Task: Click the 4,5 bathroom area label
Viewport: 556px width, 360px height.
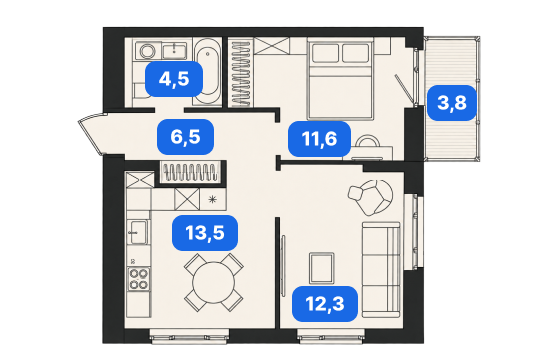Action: (174, 79)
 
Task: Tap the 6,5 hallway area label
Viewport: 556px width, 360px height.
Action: (185, 137)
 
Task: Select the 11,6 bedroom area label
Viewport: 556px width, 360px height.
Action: (319, 138)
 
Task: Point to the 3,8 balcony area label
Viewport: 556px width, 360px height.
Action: (452, 103)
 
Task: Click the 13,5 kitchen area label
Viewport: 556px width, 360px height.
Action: (205, 233)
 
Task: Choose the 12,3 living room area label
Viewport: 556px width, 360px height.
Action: (325, 304)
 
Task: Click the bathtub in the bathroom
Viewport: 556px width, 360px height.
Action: (207, 72)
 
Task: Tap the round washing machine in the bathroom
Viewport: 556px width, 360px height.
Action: (147, 51)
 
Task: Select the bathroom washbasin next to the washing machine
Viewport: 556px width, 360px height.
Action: (174, 51)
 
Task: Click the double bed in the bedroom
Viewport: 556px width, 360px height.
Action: (341, 80)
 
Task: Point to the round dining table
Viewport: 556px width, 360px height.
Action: (214, 282)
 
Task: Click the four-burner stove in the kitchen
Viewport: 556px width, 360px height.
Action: (139, 279)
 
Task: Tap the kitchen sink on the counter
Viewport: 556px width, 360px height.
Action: (139, 232)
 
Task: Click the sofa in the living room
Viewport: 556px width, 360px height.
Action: (381, 270)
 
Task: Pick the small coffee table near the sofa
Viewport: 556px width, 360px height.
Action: (321, 268)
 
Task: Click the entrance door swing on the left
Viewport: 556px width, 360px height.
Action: (91, 132)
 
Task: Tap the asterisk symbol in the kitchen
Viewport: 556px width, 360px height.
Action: (212, 199)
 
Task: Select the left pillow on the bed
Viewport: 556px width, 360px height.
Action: (325, 53)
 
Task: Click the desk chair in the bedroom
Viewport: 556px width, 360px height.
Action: (367, 141)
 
